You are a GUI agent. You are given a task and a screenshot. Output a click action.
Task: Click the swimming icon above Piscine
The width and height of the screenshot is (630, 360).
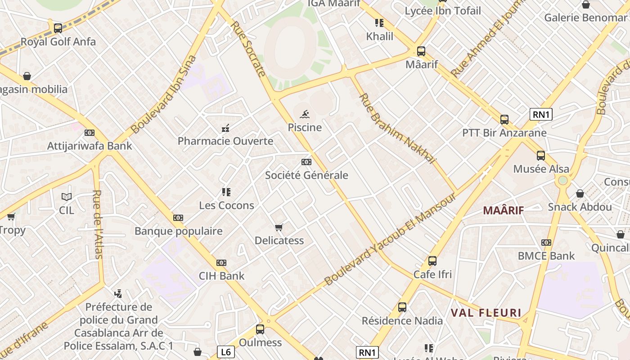pos(305,114)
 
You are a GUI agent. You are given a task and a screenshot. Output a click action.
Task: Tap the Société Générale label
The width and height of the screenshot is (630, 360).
pos(306,175)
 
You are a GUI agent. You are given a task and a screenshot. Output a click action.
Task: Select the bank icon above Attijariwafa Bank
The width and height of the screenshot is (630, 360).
pos(90,133)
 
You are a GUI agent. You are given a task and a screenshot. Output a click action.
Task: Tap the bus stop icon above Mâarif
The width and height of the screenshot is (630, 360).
pos(421,51)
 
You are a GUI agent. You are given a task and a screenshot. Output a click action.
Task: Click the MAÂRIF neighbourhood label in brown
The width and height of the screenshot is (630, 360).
pos(504,210)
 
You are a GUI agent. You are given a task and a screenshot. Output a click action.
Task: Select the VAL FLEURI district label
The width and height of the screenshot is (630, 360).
pos(486,313)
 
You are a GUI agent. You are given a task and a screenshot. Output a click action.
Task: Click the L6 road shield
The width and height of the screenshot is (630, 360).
pos(226,351)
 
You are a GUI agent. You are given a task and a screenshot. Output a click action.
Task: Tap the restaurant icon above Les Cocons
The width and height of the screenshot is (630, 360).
pos(226,192)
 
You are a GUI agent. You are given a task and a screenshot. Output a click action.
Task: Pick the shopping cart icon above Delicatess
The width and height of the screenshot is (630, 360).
pos(279,227)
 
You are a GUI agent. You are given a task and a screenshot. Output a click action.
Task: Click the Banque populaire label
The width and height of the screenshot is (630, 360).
pos(179,231)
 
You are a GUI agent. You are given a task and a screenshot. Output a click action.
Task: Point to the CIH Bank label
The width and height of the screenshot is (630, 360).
pos(222,276)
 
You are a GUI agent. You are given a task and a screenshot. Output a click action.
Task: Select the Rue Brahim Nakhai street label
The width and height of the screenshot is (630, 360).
pos(397,128)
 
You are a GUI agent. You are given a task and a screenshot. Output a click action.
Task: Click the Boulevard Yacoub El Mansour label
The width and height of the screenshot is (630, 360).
pos(390,239)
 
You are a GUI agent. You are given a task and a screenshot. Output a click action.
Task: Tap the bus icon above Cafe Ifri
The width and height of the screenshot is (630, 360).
pos(432,261)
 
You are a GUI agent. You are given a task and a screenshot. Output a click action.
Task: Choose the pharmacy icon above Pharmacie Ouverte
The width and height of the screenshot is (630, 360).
pos(225,128)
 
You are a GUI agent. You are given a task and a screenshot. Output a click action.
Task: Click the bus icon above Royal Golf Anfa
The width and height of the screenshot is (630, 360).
pos(58,28)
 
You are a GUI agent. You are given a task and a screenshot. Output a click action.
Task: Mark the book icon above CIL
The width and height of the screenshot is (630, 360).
pos(67,197)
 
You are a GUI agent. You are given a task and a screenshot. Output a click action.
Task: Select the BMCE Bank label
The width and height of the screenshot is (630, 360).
pos(546,256)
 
